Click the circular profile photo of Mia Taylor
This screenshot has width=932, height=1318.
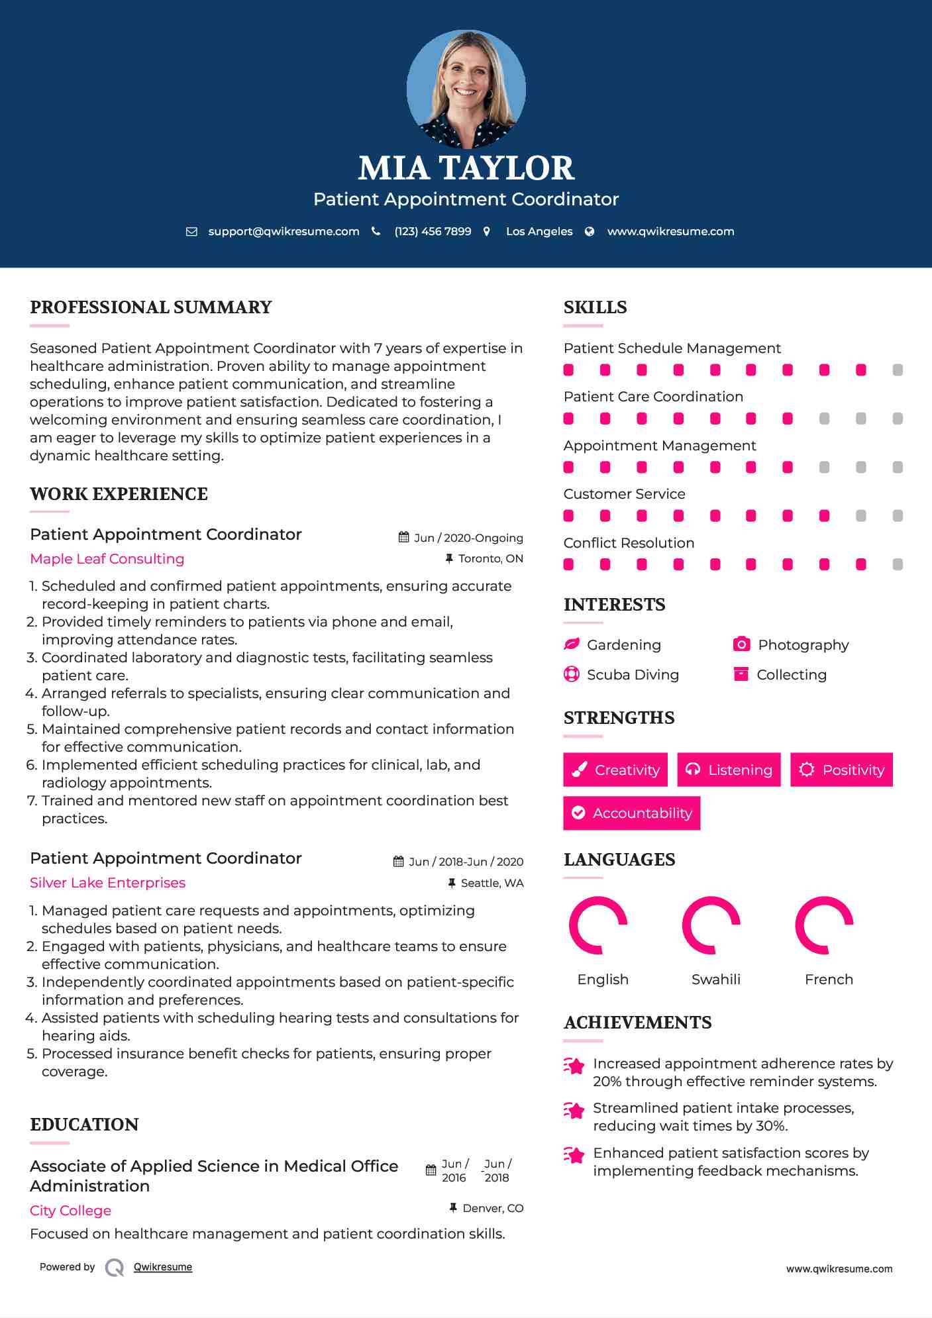click(466, 89)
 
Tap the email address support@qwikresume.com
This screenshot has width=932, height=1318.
click(284, 231)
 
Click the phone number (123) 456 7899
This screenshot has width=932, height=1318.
click(433, 231)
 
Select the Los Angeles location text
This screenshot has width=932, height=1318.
click(539, 231)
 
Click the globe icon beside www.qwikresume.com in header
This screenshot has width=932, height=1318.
click(590, 231)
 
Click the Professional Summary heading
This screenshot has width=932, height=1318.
click(151, 307)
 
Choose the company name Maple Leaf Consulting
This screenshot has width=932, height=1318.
click(107, 558)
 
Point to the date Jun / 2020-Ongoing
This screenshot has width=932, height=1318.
click(468, 538)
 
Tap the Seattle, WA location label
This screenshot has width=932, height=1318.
click(492, 883)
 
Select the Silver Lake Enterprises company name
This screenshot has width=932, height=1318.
click(107, 882)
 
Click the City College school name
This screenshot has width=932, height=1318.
click(70, 1210)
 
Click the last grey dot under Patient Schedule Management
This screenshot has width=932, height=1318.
click(898, 370)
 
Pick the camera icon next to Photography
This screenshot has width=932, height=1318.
click(741, 644)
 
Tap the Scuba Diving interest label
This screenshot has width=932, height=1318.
click(633, 674)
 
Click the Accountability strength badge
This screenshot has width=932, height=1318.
click(631, 813)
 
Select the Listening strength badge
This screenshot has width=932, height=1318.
click(729, 770)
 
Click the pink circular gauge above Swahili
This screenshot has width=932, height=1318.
click(711, 925)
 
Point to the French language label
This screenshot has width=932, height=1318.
click(829, 979)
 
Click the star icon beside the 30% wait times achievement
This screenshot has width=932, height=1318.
click(574, 1110)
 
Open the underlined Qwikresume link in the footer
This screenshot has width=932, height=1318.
click(163, 1266)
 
